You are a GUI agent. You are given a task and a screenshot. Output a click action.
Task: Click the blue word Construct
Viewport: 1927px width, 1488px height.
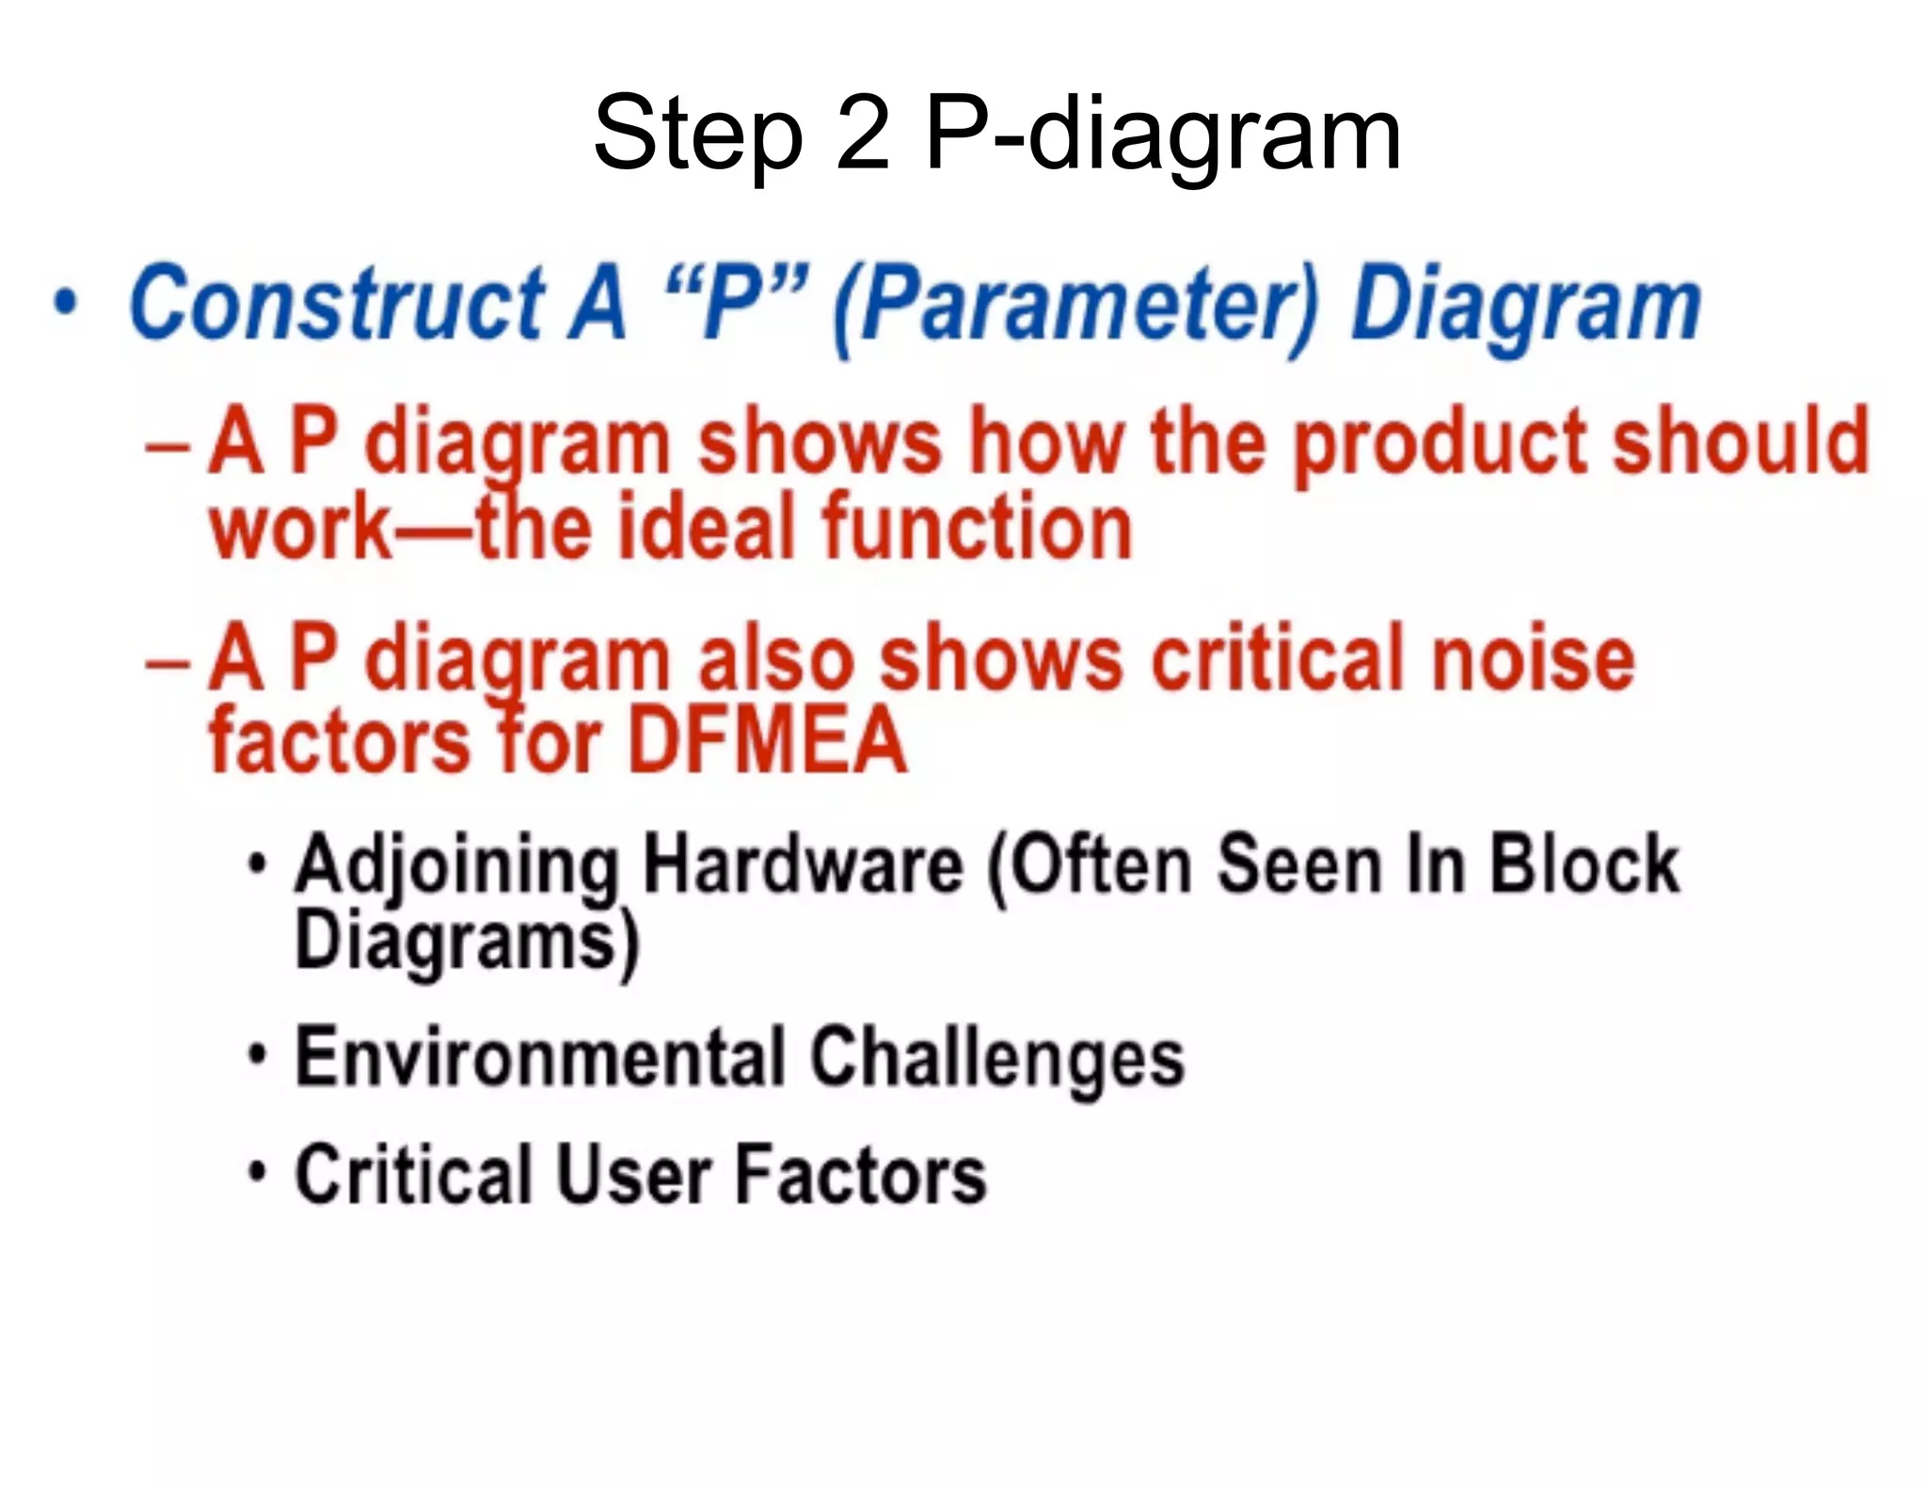[x=337, y=303]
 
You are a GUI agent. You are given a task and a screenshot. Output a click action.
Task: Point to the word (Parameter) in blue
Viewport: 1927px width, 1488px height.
[x=1076, y=305]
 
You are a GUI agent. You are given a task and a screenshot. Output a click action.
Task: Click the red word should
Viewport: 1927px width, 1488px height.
[x=1741, y=440]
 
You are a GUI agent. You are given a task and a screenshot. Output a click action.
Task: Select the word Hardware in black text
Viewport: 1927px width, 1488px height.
[x=802, y=863]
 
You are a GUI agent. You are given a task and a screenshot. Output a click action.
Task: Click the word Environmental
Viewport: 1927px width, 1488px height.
[x=540, y=1057]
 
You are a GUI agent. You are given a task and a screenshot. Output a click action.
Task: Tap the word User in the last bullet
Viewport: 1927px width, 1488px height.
[x=634, y=1176]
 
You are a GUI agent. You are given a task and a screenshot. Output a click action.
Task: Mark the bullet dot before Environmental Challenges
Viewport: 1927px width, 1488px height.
[x=257, y=1055]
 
